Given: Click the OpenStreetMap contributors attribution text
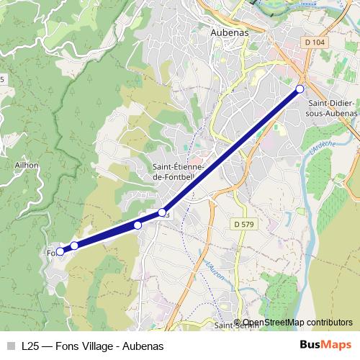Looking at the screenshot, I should [x=297, y=323].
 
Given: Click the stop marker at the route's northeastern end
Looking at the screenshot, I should [x=300, y=89].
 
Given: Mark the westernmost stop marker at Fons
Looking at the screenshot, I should [x=60, y=251].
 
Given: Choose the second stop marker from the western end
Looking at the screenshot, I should [x=74, y=246].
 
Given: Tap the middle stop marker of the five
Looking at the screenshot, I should [x=138, y=225].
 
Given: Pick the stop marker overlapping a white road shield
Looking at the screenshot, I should [x=162, y=212].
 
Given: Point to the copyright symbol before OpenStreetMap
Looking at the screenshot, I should [x=238, y=323].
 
